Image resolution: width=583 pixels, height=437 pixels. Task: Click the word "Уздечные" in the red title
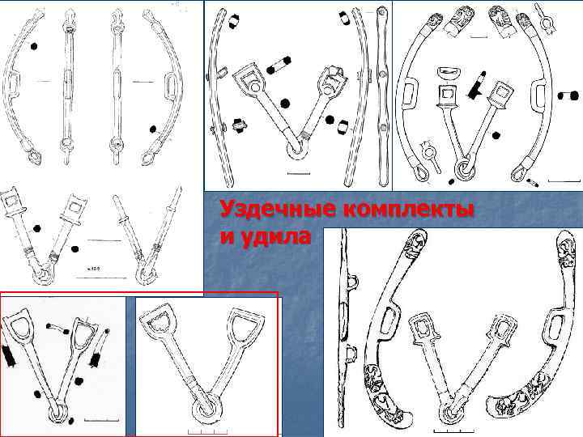[x=278, y=210]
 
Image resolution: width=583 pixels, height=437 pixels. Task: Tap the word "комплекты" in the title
[x=409, y=210]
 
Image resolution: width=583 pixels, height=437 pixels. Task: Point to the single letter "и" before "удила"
[x=227, y=237]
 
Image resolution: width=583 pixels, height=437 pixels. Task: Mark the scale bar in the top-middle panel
[x=299, y=173]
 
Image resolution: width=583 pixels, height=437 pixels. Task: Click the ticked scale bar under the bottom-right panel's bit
[x=453, y=431]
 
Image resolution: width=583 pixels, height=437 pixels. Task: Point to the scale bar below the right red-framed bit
[x=207, y=431]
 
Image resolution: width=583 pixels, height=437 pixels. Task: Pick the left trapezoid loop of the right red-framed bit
[x=155, y=324]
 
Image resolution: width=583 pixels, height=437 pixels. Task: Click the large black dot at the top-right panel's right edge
[x=574, y=95]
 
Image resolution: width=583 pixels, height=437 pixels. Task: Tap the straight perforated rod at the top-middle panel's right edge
[x=382, y=95]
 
